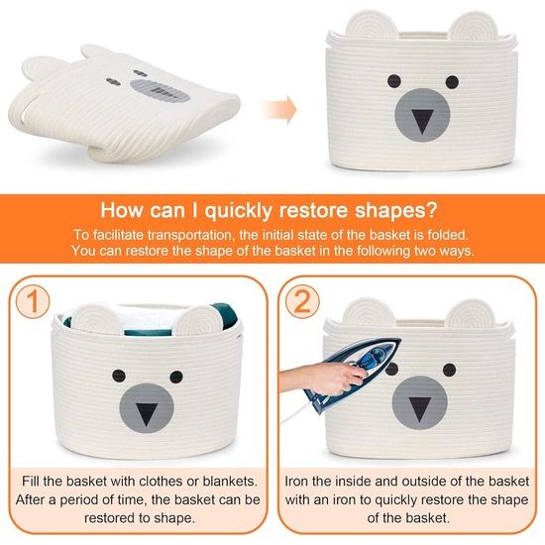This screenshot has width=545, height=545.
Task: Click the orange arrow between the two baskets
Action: [x=279, y=109]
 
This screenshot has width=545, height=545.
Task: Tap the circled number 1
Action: [x=33, y=301]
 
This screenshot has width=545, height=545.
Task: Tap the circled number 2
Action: [x=302, y=301]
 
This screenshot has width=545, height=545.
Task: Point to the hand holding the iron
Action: [x=323, y=378]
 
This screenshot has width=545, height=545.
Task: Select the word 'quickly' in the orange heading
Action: [x=238, y=210]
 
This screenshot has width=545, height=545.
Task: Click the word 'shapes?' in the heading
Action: [x=396, y=211]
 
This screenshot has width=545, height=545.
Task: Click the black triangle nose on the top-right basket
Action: [x=423, y=122]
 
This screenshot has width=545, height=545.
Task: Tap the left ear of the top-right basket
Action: [x=372, y=24]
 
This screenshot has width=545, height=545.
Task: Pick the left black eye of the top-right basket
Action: [x=394, y=81]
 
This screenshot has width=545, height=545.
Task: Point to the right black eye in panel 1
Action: [x=176, y=377]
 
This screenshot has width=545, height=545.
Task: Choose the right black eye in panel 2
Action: [x=450, y=370]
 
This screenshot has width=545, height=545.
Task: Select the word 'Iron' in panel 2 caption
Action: [x=296, y=482]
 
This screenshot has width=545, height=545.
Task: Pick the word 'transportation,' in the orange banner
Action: [x=190, y=235]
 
